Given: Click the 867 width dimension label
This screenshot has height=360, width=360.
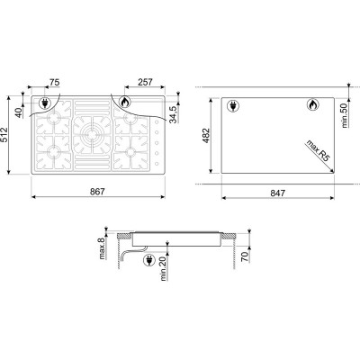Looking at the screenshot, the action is pos(98,192).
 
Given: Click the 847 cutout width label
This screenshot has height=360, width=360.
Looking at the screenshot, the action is pos(277,193).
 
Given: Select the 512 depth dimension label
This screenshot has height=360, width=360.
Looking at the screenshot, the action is pos(4,135).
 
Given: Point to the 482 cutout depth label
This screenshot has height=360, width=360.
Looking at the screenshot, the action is pos(206,136).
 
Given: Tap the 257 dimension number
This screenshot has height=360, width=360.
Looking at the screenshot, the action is pos(145,82).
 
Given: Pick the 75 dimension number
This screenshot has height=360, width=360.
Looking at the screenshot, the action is pos(55,82).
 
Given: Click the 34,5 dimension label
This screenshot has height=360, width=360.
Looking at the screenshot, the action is pos(173,114).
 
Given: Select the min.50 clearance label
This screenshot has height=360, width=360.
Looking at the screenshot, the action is pos(345,114).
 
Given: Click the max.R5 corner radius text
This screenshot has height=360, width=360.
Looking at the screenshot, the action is pos(318,150).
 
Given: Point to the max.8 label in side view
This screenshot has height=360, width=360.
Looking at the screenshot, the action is pos(102,248).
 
